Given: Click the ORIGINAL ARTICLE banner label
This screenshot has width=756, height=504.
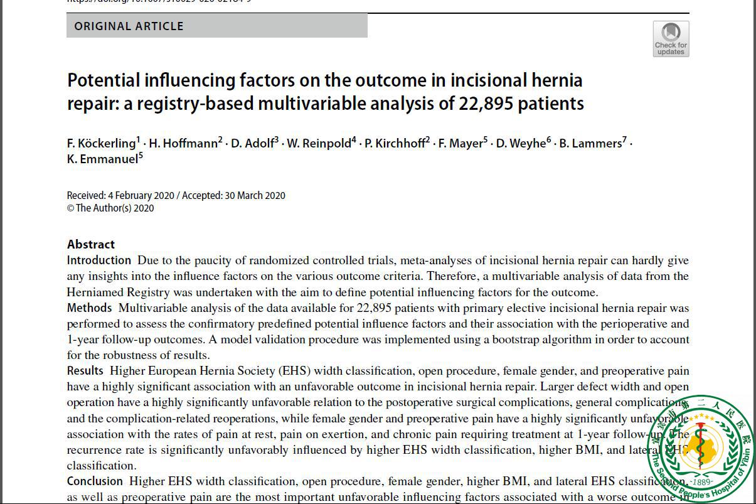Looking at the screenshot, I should click(129, 26).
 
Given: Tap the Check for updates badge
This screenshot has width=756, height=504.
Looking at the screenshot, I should click(671, 39).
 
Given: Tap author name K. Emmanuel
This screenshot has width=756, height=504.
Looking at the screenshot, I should click(102, 159).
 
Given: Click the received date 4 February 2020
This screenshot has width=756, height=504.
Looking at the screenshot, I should click(141, 196).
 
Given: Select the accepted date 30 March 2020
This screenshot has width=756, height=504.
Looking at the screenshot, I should click(255, 196).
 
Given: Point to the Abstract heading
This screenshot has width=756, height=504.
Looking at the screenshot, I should click(91, 244).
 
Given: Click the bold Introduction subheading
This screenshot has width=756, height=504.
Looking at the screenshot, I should click(99, 260).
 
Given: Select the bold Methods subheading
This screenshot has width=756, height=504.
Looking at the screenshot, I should click(90, 308).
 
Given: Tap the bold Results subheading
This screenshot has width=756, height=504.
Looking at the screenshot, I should click(85, 371).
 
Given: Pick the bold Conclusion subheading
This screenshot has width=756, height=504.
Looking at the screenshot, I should click(95, 481).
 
